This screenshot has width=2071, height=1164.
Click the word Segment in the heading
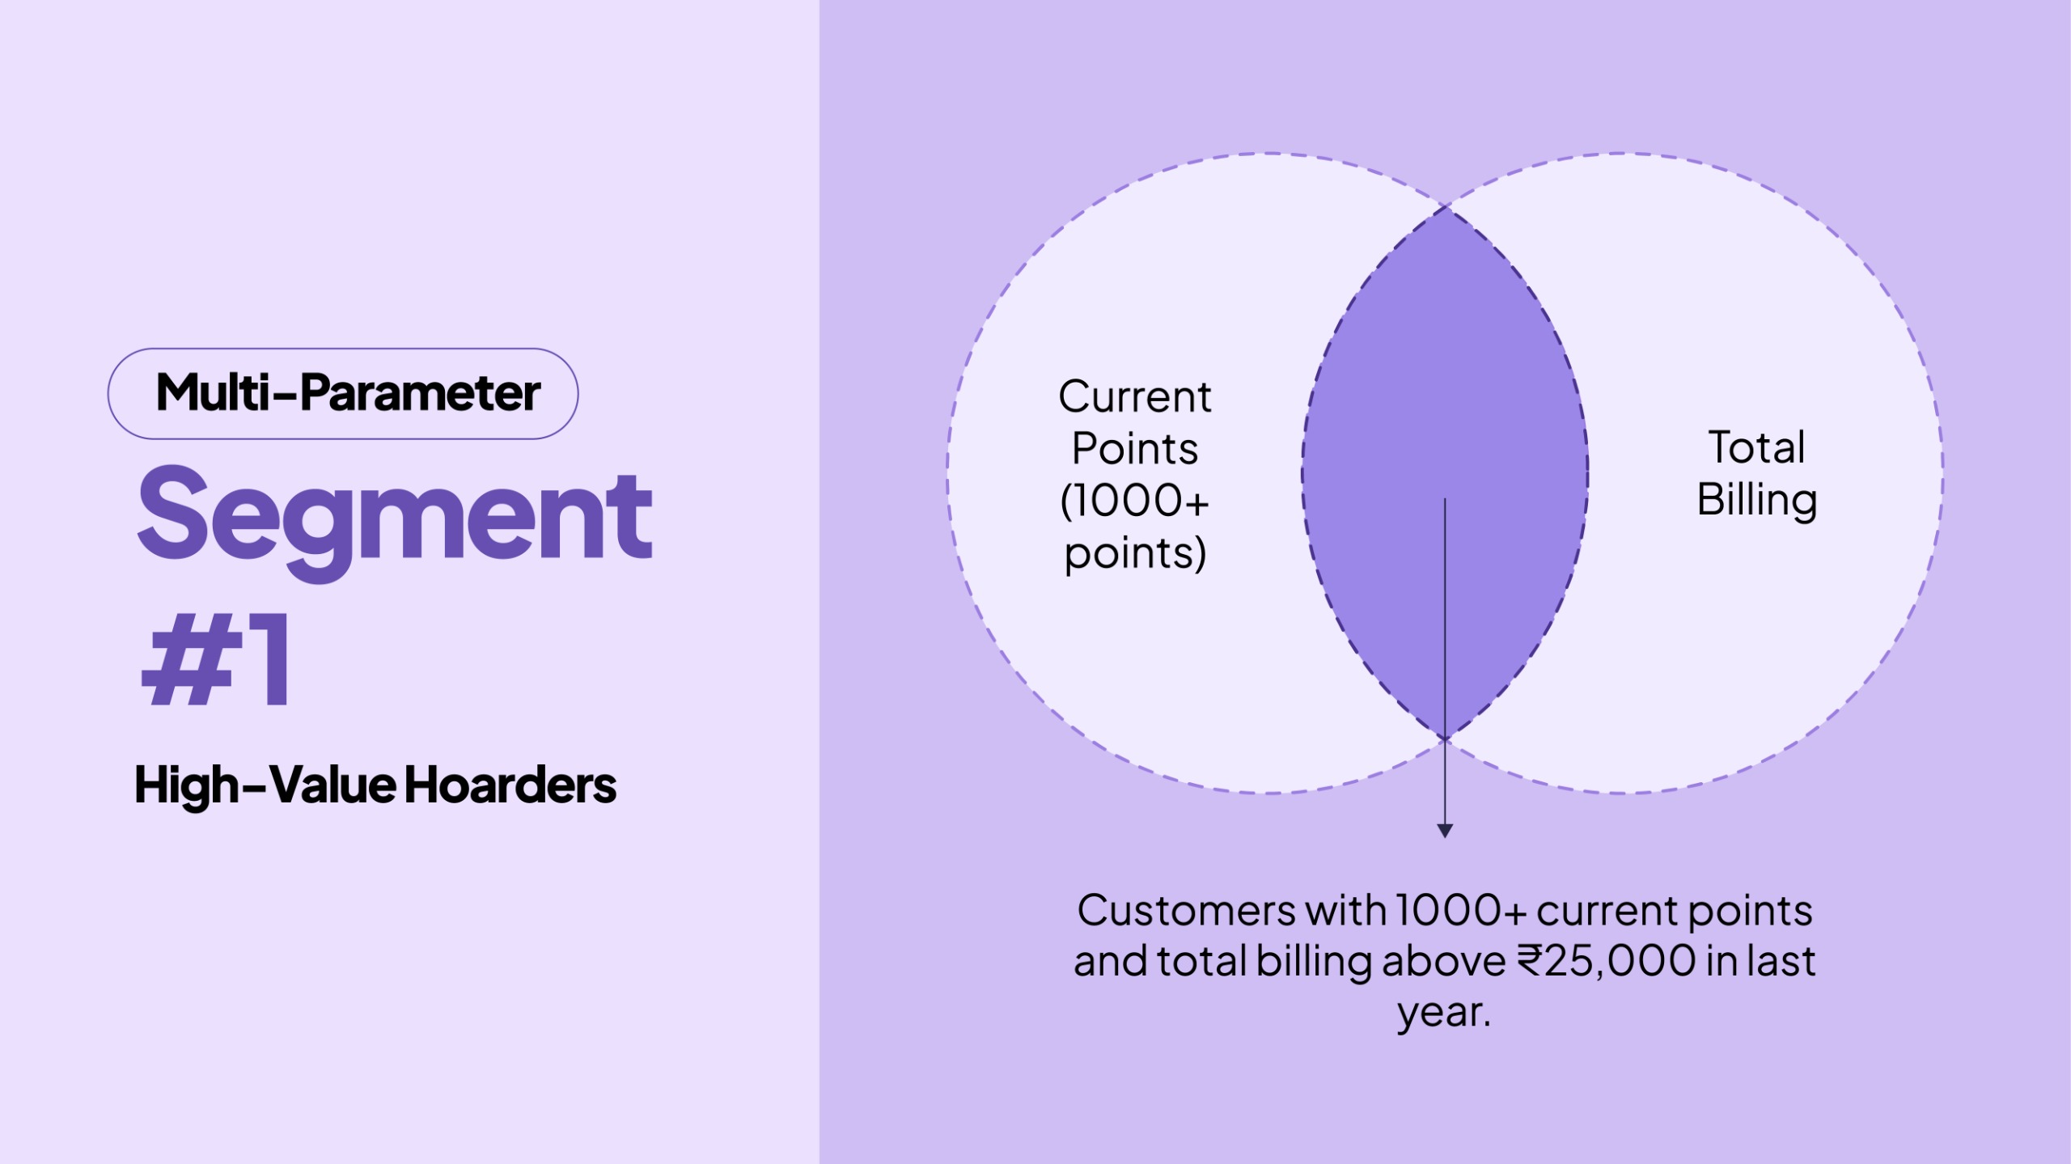(395, 515)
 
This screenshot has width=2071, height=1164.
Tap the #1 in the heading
(216, 659)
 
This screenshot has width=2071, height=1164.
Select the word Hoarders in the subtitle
(510, 785)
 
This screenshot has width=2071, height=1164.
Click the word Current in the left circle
(1134, 397)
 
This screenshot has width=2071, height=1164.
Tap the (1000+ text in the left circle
(1134, 501)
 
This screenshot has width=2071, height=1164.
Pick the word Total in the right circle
(1756, 447)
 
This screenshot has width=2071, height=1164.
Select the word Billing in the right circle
(1756, 500)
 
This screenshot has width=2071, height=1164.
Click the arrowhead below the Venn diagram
(1445, 831)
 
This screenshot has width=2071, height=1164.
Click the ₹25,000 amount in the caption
(1606, 962)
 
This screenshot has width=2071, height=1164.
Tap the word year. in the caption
(1444, 1013)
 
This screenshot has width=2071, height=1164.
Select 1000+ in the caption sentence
(1460, 911)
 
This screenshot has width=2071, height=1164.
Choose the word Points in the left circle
(1134, 449)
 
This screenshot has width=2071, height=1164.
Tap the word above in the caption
(1443, 962)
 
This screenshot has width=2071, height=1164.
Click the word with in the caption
(1346, 911)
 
